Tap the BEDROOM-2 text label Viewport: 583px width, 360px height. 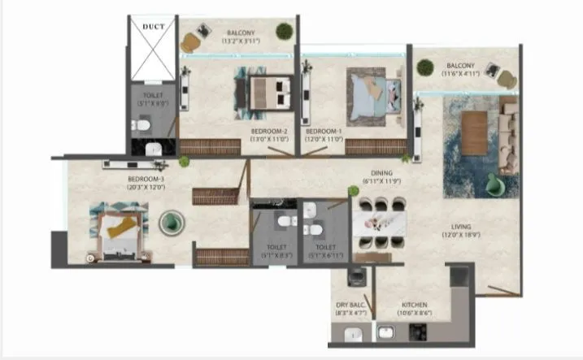[x=269, y=131]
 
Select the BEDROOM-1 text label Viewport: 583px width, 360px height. [x=324, y=131]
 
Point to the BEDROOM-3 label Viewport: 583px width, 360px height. [x=147, y=178]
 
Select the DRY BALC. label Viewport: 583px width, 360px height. [x=350, y=306]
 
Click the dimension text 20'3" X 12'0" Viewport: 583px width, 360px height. [x=147, y=186]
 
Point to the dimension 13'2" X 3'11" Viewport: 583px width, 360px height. [x=242, y=39]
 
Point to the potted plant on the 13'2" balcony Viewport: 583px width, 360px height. [x=284, y=31]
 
